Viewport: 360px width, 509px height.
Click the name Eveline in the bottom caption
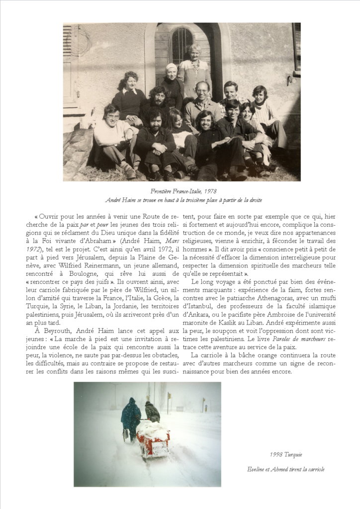click(x=258, y=469)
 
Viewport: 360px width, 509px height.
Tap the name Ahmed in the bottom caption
click(x=283, y=469)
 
